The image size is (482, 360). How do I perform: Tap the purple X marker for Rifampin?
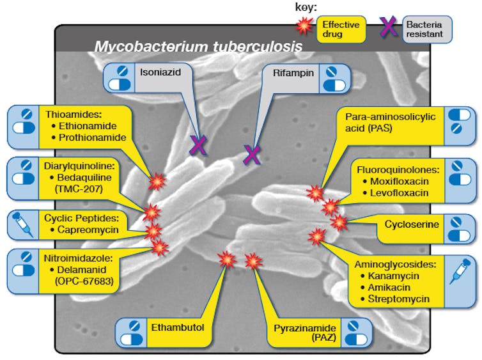[x=252, y=154]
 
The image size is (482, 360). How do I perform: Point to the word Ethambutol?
[x=177, y=328]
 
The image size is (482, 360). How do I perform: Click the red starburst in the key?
[x=306, y=26]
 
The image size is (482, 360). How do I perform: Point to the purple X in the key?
[x=388, y=26]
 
